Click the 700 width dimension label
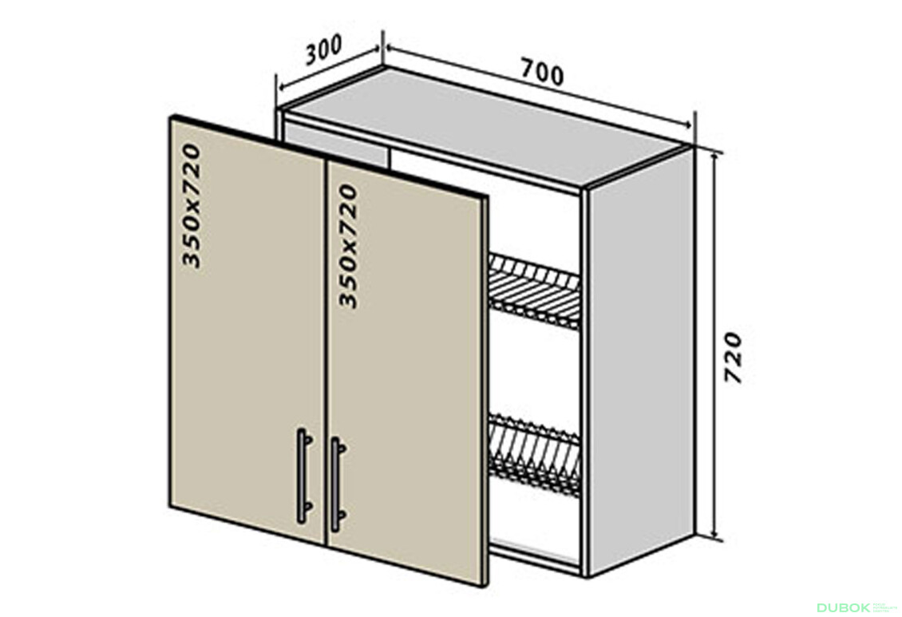[542, 71]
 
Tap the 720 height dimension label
[734, 357]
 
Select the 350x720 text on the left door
[192, 205]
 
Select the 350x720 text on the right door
[349, 245]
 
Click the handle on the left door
[303, 476]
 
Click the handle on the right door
[336, 484]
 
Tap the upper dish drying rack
[534, 291]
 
